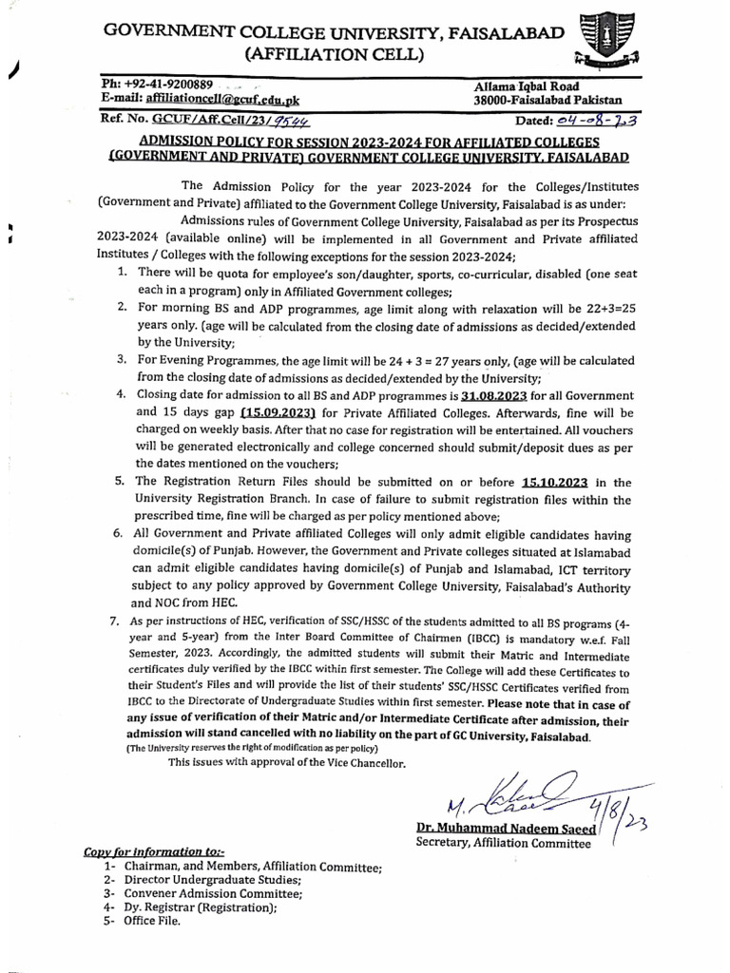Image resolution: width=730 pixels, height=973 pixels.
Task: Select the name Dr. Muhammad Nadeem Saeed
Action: point(506,829)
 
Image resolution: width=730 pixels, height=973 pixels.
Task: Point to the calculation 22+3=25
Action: point(607,308)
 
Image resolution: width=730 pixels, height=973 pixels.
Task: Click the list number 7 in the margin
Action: point(117,620)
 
